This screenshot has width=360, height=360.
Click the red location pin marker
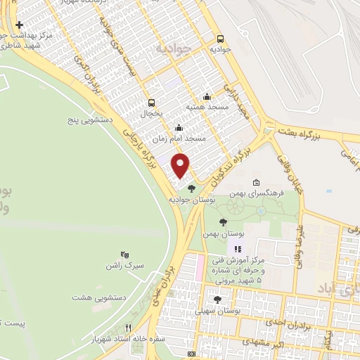pos(181,165)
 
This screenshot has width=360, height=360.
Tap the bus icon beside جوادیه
pos(221,39)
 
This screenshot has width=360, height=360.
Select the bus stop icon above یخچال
pos(151,103)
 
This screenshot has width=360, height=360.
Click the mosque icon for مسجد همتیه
pos(206,97)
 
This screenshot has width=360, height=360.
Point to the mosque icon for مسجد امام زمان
pos(179,128)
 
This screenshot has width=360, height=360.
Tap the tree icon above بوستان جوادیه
pos(191,188)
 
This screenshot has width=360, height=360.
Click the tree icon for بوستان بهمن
pos(224,222)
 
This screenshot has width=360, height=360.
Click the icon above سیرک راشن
pos(124,254)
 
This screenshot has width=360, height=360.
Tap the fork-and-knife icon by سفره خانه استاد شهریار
pos(127,327)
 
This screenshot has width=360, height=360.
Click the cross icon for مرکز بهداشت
pos(18,25)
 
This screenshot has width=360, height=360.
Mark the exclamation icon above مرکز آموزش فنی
pos(238,249)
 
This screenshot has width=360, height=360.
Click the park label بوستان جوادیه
pos(190,200)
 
